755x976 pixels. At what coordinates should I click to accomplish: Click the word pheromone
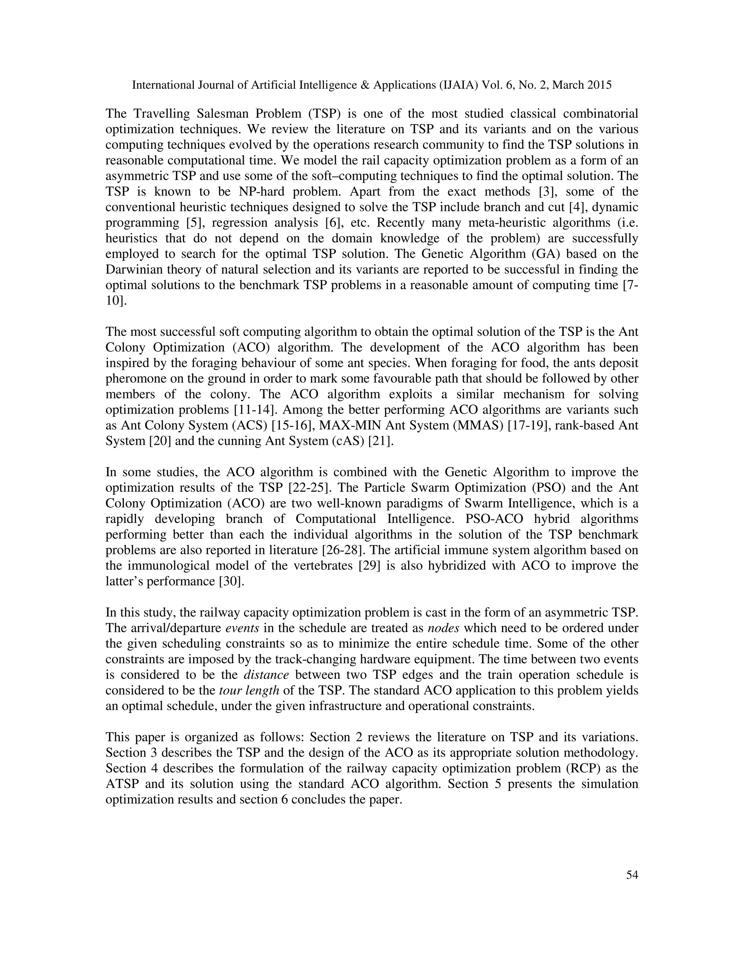coord(134,379)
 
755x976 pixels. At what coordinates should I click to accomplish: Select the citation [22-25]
coord(309,488)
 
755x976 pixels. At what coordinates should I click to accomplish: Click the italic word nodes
coord(443,628)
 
